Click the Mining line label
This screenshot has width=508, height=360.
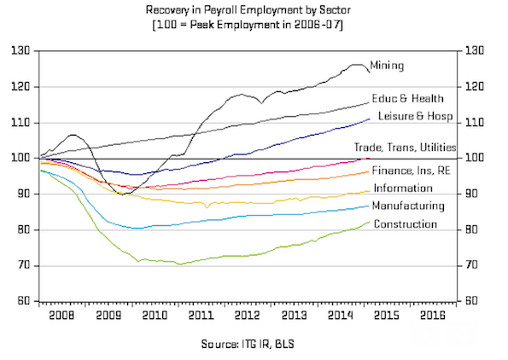click(387, 66)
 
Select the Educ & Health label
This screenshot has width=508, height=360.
click(407, 98)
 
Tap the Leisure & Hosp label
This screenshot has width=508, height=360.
click(415, 116)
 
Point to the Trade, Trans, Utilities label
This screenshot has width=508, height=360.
click(405, 148)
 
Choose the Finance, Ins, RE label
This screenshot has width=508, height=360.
click(412, 171)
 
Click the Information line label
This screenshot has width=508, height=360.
click(403, 188)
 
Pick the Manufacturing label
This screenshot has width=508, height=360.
click(408, 206)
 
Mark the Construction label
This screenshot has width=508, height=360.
click(406, 224)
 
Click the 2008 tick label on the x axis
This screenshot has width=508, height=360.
click(61, 316)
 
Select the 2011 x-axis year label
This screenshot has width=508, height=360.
click(201, 316)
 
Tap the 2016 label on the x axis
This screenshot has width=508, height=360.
click(433, 316)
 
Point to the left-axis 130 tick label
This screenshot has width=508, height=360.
click(20, 50)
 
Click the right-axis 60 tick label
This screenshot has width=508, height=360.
click(472, 301)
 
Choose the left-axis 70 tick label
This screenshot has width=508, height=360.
click(23, 265)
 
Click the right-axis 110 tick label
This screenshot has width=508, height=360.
click(475, 123)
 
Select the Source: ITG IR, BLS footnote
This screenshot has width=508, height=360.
click(248, 344)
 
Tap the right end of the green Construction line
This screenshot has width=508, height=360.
click(370, 222)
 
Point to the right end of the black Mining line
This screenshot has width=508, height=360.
click(370, 72)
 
